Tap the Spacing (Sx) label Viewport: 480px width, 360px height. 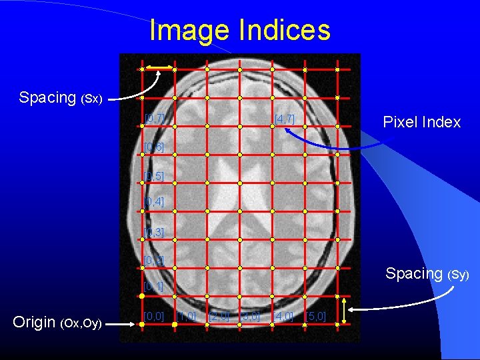pyautogui.click(x=60, y=97)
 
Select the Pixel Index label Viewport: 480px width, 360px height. pyautogui.click(x=421, y=122)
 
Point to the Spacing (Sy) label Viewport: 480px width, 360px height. pyautogui.click(x=427, y=273)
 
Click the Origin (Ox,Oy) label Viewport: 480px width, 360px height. pyautogui.click(x=57, y=323)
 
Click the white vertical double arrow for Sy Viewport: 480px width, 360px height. pyautogui.click(x=344, y=310)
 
